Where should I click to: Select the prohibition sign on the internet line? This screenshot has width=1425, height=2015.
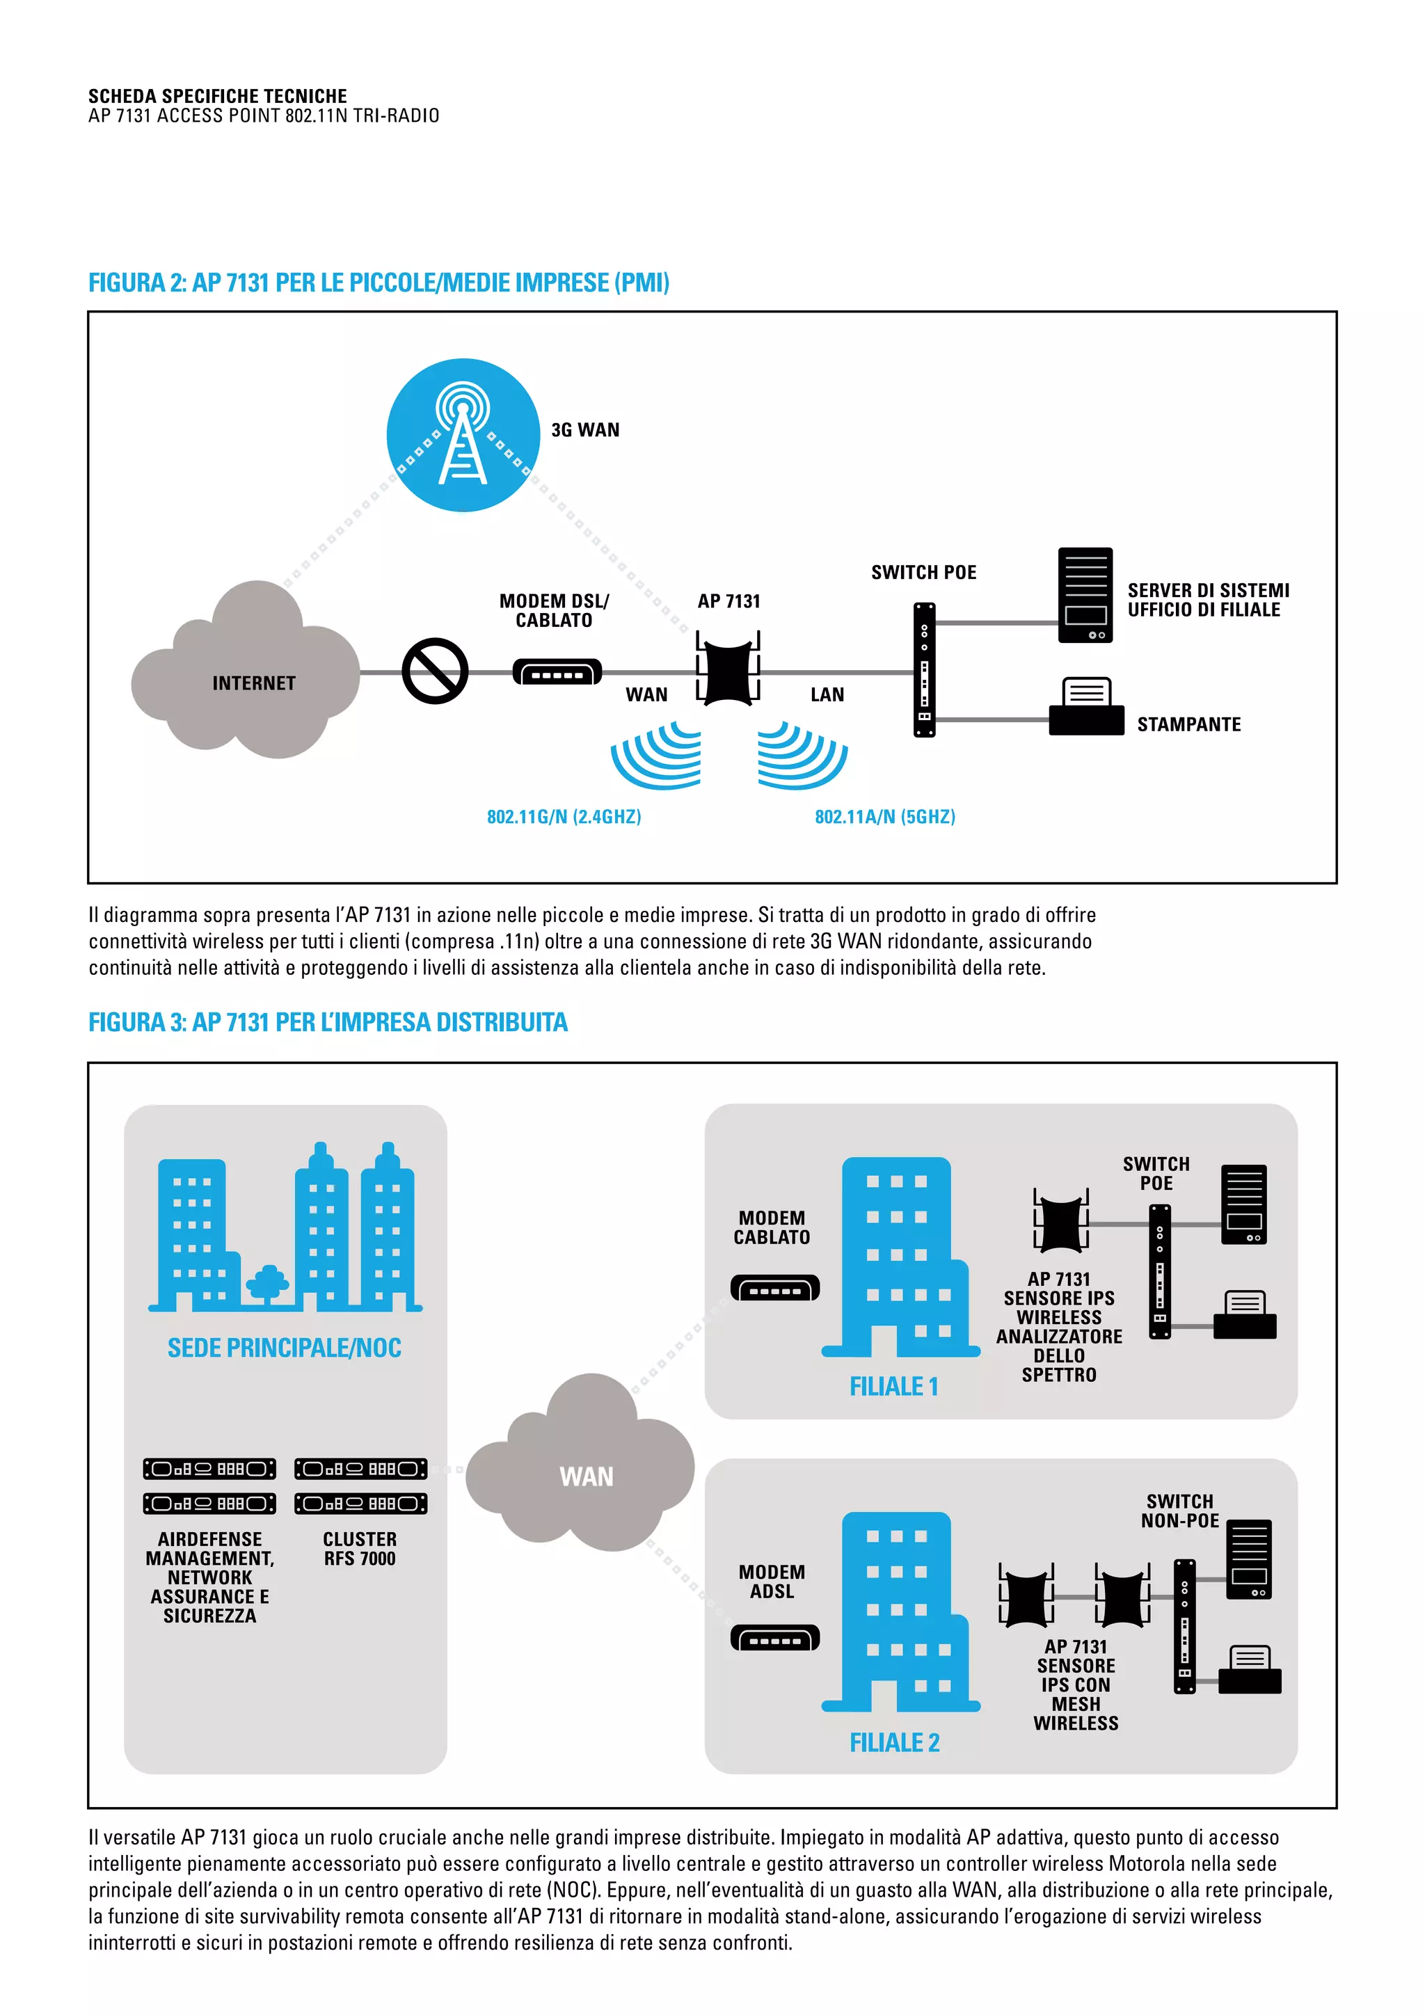tap(434, 671)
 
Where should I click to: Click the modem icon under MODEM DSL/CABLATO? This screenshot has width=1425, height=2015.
tap(557, 672)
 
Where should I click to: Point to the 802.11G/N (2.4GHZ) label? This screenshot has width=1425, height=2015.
tap(564, 816)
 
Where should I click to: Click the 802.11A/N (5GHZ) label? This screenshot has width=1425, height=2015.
tap(884, 816)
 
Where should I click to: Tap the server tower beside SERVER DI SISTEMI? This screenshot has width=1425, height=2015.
tap(1085, 595)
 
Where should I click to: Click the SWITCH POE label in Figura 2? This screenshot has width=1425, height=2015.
tap(923, 572)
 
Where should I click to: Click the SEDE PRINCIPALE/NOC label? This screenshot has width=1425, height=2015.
tap(285, 1348)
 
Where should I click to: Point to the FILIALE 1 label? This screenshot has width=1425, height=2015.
tap(893, 1387)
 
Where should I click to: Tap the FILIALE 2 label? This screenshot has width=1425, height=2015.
tap(894, 1742)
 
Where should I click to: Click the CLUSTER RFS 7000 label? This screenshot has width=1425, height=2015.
tap(360, 1549)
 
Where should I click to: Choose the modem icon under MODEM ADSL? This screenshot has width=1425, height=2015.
tap(775, 1638)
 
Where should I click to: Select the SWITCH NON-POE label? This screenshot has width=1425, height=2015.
tap(1179, 1511)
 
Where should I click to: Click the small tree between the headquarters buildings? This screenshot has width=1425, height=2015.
tap(269, 1283)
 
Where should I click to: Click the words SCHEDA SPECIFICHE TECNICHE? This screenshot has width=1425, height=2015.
tap(218, 95)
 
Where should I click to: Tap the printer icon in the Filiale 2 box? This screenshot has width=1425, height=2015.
tap(1250, 1670)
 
